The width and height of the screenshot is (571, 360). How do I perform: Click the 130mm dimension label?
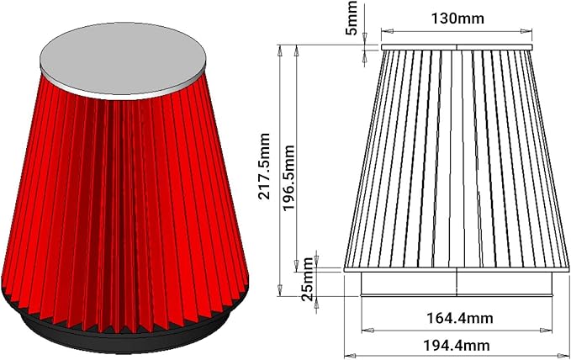(x=457, y=19)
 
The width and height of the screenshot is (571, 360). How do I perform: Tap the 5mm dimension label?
(x=352, y=18)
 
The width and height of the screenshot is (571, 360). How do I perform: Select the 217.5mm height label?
(x=264, y=167)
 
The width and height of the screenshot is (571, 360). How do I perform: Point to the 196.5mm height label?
(x=288, y=177)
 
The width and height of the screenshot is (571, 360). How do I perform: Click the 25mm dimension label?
(x=308, y=279)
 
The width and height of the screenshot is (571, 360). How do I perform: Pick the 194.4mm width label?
(x=457, y=345)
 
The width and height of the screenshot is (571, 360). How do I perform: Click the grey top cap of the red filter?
(x=123, y=61)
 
